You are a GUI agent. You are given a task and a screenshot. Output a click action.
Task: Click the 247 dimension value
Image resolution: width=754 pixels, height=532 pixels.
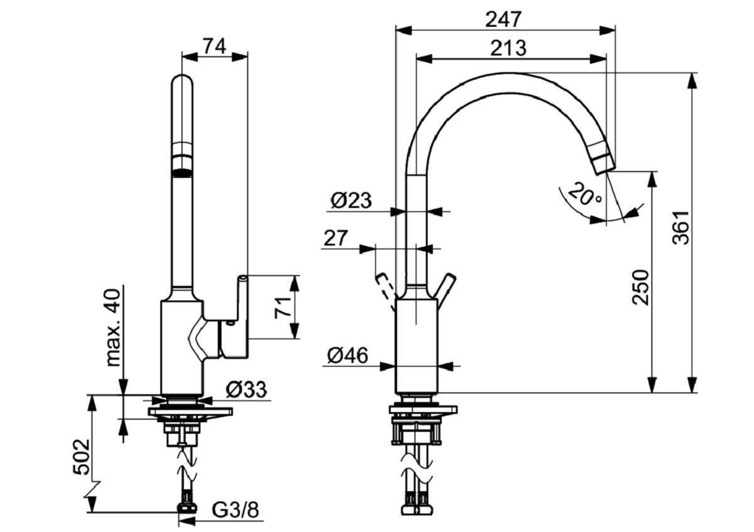coord(503,19)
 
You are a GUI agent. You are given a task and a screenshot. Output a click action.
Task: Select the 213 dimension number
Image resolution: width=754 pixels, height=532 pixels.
coord(508,48)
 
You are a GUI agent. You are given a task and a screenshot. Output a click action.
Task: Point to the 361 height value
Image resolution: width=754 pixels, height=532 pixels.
coord(681,227)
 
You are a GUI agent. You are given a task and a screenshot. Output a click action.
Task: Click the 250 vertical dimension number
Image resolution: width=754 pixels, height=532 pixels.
coord(640,287)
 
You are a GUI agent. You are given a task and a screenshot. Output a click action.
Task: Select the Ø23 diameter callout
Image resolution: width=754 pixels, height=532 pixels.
coord(351,201)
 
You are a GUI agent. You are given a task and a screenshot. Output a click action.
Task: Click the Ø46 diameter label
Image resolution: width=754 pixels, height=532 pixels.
coord(347,356)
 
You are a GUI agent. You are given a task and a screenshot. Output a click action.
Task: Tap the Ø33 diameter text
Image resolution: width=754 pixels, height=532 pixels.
coord(246,390)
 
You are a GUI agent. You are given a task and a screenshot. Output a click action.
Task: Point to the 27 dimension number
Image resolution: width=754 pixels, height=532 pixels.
coord(336,238)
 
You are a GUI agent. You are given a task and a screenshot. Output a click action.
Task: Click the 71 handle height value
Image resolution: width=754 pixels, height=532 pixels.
coord(284,307)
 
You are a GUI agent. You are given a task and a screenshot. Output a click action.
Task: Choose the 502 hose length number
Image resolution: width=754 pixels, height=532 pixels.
coord(80,457)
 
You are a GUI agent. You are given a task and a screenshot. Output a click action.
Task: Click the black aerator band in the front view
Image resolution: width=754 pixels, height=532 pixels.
coord(182,171)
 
